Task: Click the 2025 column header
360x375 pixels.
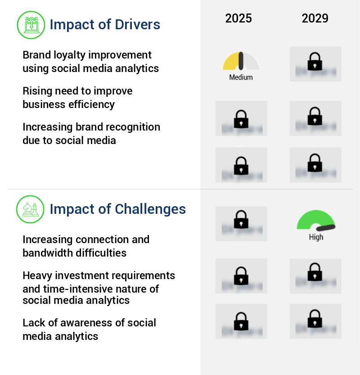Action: click(x=238, y=18)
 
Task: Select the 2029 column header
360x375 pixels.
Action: click(x=315, y=18)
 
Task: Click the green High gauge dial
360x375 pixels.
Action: click(x=315, y=220)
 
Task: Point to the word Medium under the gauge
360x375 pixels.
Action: click(x=241, y=77)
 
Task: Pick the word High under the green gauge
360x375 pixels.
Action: click(x=316, y=237)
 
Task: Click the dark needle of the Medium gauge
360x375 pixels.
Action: click(x=241, y=60)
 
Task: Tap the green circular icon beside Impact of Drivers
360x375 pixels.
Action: click(x=30, y=24)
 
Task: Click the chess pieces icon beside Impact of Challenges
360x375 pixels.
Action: click(x=30, y=209)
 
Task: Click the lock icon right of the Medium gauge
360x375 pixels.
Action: click(x=315, y=62)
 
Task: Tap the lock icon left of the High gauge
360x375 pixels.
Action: click(x=241, y=220)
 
